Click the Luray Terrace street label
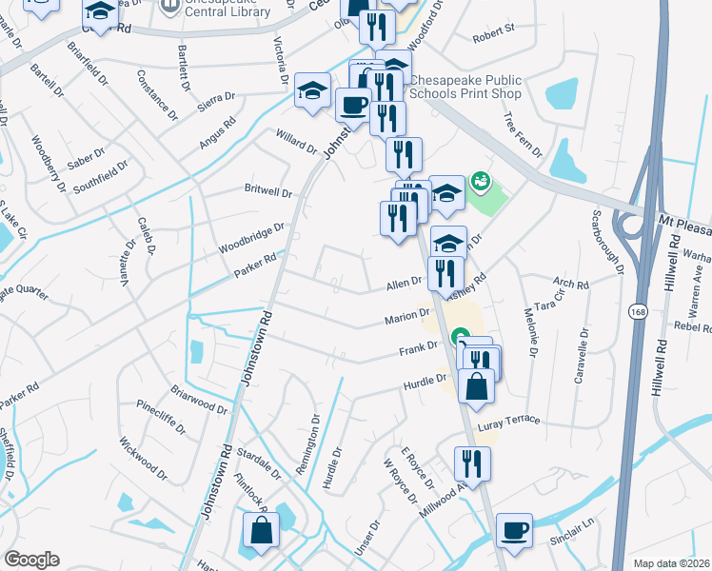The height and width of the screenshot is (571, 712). click(509, 421)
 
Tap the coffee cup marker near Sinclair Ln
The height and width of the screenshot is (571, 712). click(515, 530)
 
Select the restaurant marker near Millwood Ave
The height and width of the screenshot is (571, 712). click(472, 463)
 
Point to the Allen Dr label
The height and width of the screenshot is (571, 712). click(405, 283)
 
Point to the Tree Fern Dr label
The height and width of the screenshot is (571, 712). click(523, 135)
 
